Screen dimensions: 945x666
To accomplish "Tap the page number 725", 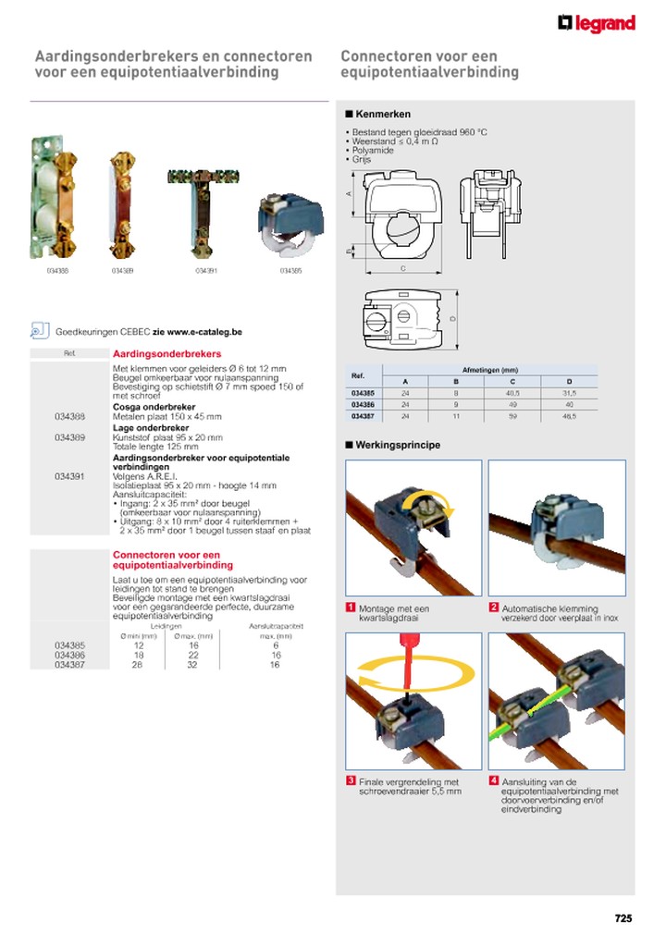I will point(623,918).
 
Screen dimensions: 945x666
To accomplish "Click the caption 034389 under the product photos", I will point(122,271).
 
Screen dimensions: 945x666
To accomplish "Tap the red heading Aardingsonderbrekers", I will point(166,354).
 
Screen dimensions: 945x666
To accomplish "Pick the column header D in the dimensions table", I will point(569,381).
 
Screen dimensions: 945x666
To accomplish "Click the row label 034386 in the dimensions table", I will point(364,405).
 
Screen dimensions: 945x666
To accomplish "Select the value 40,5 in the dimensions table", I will point(512,393).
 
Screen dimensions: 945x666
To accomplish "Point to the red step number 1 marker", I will point(351,607).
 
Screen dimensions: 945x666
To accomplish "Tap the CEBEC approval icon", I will point(39,330).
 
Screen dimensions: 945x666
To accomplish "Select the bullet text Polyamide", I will point(373,150).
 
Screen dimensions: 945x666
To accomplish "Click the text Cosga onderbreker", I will point(154,406).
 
